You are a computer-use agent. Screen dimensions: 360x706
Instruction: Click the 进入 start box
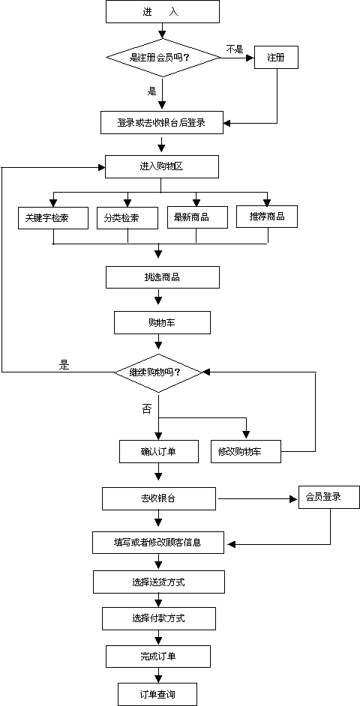[x=163, y=12]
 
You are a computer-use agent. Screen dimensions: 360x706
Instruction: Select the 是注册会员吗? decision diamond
[x=163, y=57]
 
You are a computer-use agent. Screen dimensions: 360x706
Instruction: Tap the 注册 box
[x=276, y=57]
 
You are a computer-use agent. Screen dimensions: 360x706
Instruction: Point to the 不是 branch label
[x=234, y=49]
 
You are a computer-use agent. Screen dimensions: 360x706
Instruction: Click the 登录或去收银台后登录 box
[x=162, y=122]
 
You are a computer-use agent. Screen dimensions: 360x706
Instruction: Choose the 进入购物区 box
[x=162, y=166]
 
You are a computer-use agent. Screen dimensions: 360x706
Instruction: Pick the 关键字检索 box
[x=52, y=218]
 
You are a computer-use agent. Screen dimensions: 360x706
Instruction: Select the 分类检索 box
[x=127, y=218]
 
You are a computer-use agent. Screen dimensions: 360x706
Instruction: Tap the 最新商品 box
[x=196, y=217]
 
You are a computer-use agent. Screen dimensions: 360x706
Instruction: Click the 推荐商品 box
[x=267, y=216]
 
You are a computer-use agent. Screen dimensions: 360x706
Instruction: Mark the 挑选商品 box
[x=163, y=277]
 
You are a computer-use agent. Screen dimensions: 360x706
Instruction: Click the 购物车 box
[x=163, y=322]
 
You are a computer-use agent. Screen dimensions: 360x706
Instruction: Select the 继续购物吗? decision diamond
[x=157, y=372]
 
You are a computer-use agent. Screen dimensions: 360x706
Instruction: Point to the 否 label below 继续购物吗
[x=147, y=410]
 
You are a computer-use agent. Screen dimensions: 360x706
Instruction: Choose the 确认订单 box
[x=158, y=452]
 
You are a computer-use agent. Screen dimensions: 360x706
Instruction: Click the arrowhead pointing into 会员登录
[x=295, y=499]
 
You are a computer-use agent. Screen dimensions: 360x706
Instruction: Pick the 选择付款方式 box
[x=158, y=618]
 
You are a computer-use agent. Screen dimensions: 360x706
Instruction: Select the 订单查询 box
[x=157, y=694]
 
